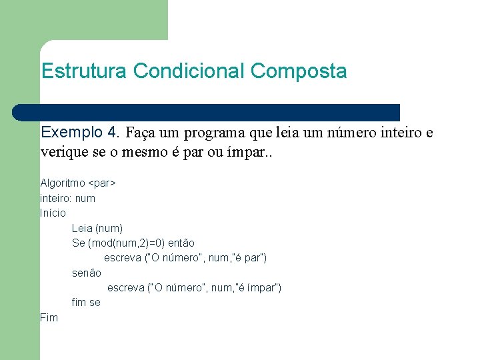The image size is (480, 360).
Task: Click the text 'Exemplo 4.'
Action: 80,132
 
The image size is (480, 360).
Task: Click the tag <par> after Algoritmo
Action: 103,183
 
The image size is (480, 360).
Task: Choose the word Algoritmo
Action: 63,183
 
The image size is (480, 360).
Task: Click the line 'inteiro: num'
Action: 67,198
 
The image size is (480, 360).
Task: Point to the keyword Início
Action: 53,213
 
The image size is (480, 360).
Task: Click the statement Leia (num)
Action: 97,228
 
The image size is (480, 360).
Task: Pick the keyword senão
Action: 87,273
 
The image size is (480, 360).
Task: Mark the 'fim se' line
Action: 86,303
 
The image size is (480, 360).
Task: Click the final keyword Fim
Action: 49,318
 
